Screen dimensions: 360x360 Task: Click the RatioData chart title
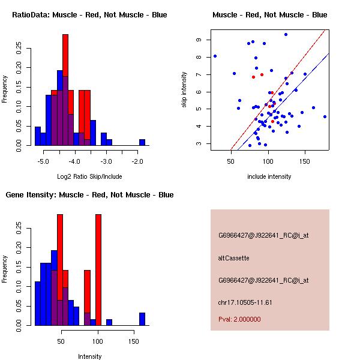click(89, 15)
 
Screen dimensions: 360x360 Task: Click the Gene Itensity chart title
click(89, 195)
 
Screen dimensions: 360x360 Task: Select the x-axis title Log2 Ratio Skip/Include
click(90, 177)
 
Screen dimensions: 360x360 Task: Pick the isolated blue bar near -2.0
click(142, 142)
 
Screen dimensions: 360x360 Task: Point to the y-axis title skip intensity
click(184, 90)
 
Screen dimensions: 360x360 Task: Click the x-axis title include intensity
click(270, 177)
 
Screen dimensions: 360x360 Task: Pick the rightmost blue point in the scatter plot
click(325, 116)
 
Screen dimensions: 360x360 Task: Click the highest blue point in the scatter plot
click(286, 35)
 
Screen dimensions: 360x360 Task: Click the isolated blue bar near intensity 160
click(142, 319)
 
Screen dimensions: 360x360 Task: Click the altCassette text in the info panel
click(233, 258)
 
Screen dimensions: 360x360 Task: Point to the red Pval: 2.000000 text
click(239, 320)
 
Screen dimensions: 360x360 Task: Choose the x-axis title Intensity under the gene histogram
click(90, 357)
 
